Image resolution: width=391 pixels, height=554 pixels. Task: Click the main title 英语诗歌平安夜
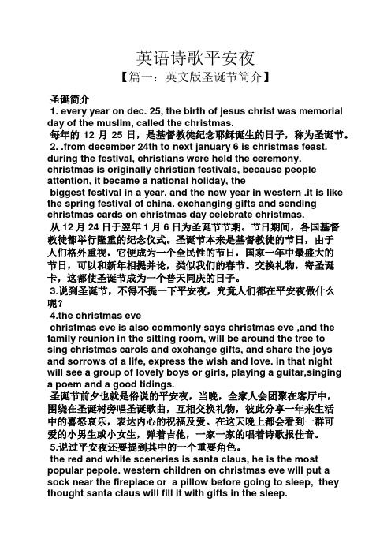[195, 58]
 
